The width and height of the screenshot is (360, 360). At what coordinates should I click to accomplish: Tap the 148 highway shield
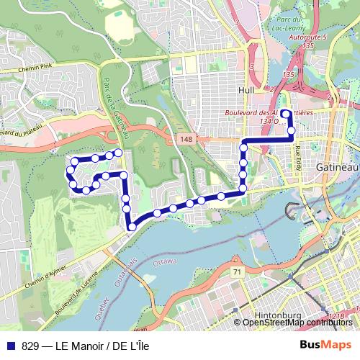(186, 138)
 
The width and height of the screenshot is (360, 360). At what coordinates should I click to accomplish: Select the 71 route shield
(236, 271)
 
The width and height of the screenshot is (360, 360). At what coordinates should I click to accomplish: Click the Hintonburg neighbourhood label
(278, 315)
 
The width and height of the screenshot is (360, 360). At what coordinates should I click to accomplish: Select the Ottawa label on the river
(165, 261)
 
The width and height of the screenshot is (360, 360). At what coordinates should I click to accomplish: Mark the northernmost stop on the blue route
(284, 112)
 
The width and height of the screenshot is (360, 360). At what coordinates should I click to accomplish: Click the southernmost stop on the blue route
(132, 228)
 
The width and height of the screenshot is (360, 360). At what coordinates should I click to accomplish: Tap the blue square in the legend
(10, 344)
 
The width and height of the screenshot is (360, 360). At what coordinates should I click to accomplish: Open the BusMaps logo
(325, 344)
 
